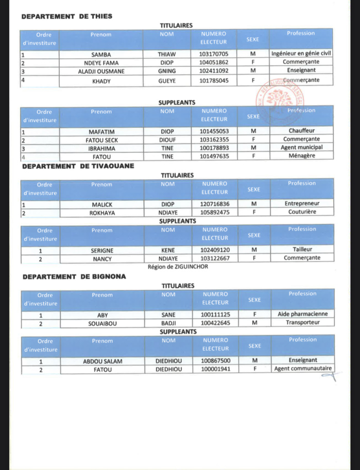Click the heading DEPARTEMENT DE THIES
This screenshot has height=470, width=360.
67,16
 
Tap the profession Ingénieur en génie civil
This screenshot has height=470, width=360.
301,53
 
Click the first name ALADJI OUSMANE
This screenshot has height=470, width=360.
101,71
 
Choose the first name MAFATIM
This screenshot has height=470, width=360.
101,131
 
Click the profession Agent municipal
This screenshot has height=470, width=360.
302,148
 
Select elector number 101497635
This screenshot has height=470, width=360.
217,156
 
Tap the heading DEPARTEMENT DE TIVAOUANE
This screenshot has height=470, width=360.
78,166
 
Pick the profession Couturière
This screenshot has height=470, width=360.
302,212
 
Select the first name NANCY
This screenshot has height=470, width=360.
102,258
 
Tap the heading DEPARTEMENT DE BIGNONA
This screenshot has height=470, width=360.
74,276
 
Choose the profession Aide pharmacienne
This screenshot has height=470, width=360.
302,314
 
